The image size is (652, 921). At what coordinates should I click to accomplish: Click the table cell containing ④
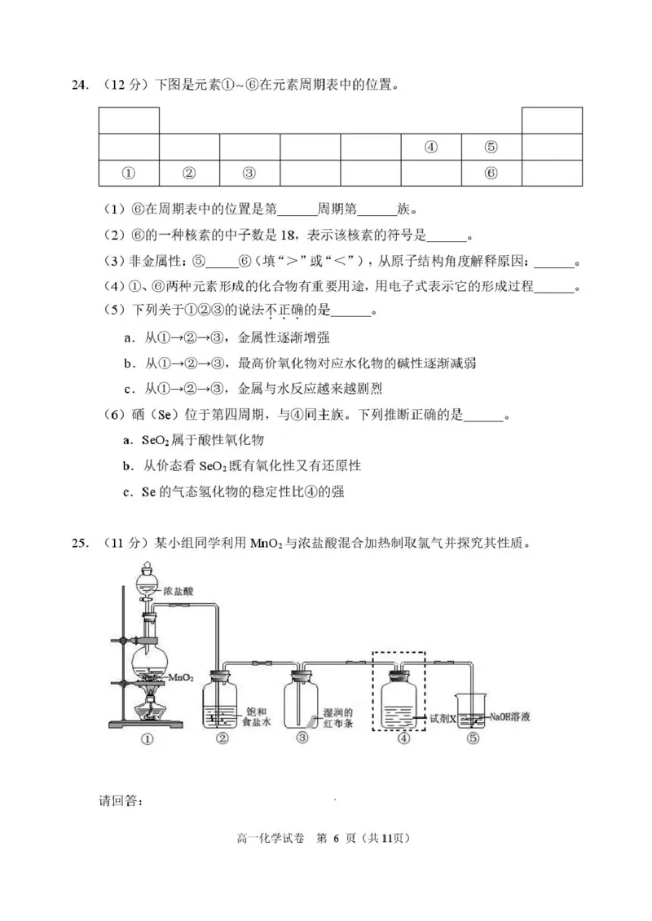tap(431, 148)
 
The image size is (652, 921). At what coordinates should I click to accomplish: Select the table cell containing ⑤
tap(491, 148)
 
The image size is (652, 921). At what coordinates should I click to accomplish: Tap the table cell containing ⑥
tap(491, 173)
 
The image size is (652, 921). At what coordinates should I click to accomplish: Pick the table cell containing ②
tap(189, 173)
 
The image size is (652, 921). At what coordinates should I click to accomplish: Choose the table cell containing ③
tap(249, 173)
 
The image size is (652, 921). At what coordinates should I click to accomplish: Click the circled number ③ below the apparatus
tap(303, 738)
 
